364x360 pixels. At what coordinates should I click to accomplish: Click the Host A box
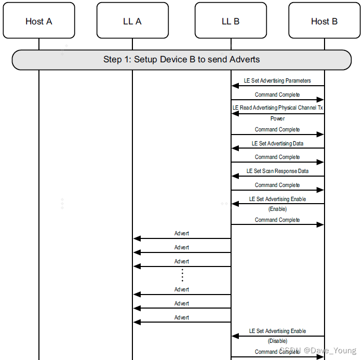[x=38, y=21]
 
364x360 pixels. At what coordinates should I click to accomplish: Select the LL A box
[x=132, y=21]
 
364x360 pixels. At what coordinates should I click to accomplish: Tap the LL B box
[x=231, y=21]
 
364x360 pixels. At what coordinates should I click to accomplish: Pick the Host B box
[x=324, y=21]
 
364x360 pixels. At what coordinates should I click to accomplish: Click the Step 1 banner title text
[x=181, y=59]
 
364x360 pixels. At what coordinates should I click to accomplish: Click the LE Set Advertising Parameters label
[x=277, y=81]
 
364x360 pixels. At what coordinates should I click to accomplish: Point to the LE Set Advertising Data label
[x=277, y=143]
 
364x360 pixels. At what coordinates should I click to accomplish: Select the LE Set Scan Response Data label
[x=277, y=171]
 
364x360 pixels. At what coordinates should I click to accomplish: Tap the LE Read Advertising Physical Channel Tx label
[x=277, y=108]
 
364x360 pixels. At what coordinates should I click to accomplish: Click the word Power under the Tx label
[x=277, y=118]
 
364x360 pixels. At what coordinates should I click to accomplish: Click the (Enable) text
[x=277, y=209]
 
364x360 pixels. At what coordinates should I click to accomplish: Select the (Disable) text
[x=277, y=341]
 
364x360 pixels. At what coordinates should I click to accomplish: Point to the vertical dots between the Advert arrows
[x=182, y=275]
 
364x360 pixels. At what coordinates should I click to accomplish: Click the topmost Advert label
[x=182, y=233]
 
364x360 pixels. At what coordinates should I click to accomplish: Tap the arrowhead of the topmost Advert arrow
[x=137, y=238]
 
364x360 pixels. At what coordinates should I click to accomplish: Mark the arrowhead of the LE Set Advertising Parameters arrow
[x=235, y=86]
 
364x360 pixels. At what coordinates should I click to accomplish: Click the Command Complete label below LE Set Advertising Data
[x=277, y=157]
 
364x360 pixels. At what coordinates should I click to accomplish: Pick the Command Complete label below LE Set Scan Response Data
[x=277, y=185]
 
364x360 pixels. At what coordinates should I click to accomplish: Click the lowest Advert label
[x=182, y=317]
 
